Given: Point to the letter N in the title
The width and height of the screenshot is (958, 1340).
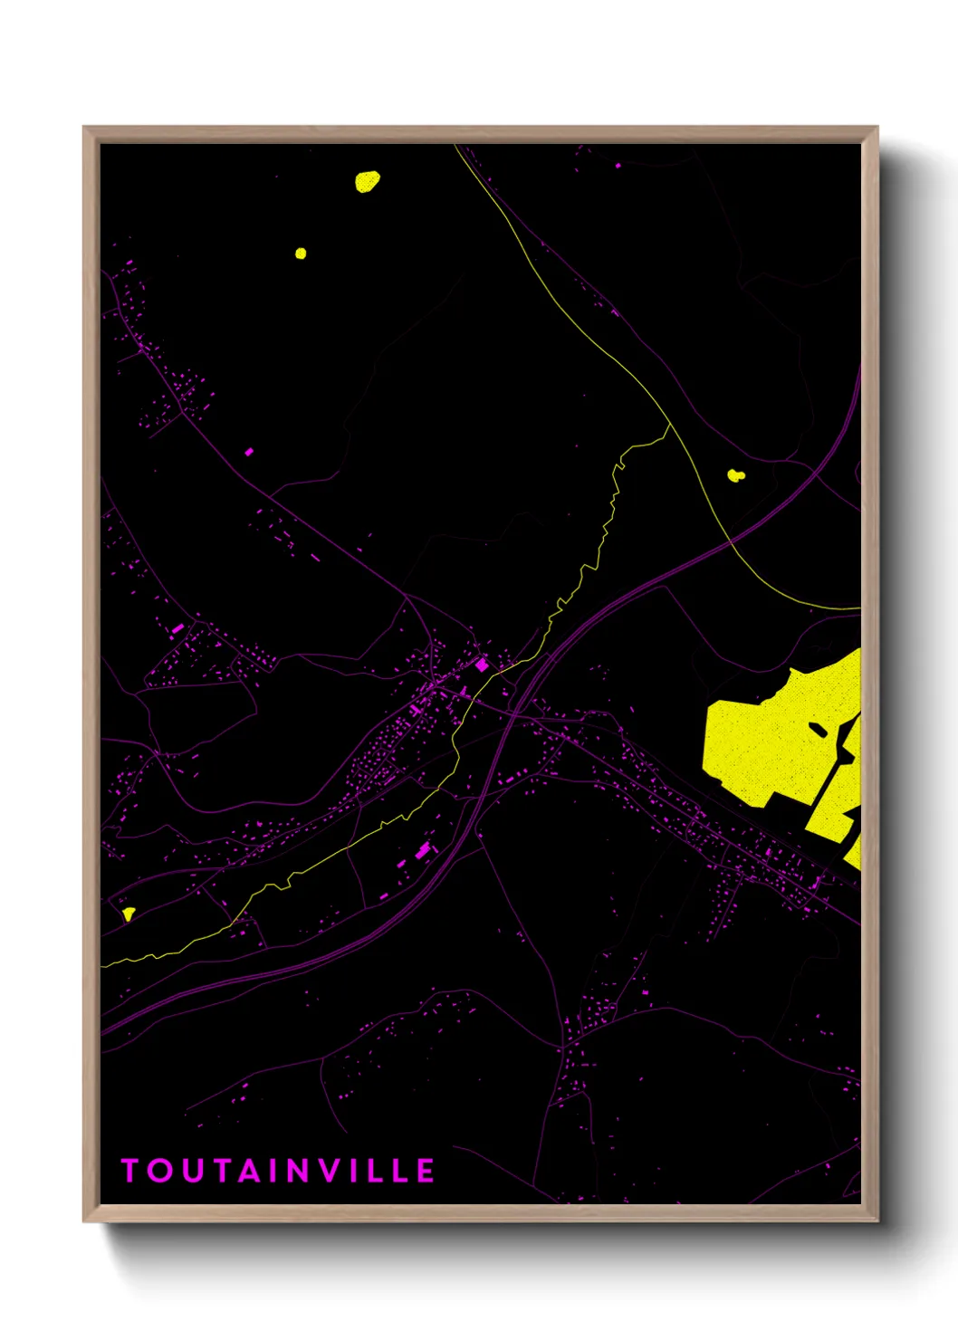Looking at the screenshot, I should tap(302, 1171).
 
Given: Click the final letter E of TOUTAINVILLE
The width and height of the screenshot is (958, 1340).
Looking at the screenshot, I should tap(426, 1171).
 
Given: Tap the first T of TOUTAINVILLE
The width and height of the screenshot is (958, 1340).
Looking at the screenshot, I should tap(129, 1171).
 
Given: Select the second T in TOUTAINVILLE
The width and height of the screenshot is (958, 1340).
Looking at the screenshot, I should tap(220, 1171).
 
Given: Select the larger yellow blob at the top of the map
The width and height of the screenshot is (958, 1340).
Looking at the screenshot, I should tap(367, 182).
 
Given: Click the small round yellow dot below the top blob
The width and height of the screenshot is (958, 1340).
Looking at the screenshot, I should tap(301, 254).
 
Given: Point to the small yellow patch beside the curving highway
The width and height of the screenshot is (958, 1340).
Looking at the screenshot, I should tap(735, 474).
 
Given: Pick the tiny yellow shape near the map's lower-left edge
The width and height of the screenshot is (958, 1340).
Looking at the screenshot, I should tap(129, 914).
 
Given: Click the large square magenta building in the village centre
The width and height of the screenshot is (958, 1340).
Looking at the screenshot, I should tap(483, 665).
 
